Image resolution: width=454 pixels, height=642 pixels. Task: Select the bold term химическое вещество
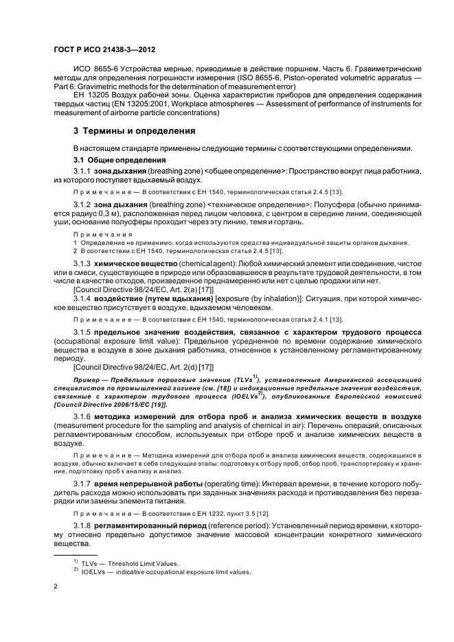point(133,263)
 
